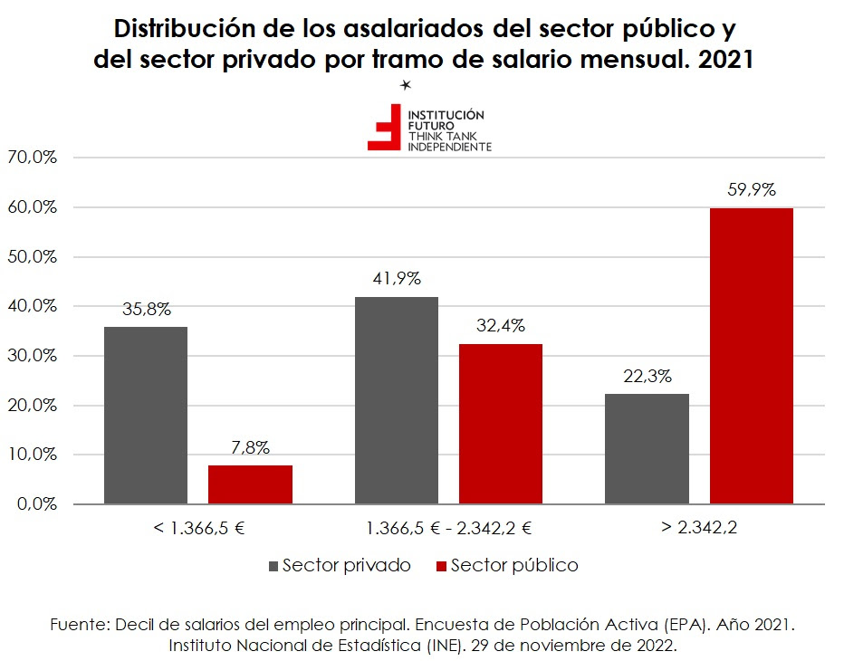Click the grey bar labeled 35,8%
(146, 415)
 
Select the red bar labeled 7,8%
(250, 484)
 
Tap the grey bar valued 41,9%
(396, 400)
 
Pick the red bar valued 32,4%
(501, 424)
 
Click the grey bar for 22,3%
(647, 448)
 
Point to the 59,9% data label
(752, 190)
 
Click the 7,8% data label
(250, 447)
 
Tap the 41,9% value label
(396, 279)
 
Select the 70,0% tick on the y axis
(33, 158)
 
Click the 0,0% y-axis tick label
(36, 504)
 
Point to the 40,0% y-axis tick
(33, 306)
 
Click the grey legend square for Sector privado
(273, 566)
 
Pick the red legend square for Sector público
(441, 566)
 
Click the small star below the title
(407, 85)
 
